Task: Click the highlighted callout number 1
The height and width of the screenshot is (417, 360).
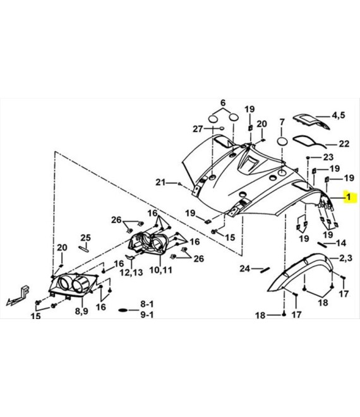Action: click(x=348, y=197)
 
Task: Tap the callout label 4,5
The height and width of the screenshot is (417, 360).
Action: click(x=338, y=115)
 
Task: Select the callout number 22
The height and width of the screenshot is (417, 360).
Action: click(x=344, y=143)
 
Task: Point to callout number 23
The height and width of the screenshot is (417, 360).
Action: click(x=328, y=157)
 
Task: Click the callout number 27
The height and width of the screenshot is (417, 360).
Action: click(x=198, y=129)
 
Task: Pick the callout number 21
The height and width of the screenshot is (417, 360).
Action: click(x=160, y=183)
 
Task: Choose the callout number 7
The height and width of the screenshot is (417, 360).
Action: click(x=282, y=122)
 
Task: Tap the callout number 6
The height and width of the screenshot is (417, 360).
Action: click(x=223, y=102)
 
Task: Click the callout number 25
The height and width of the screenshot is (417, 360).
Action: click(x=86, y=238)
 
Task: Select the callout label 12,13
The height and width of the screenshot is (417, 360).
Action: click(x=131, y=272)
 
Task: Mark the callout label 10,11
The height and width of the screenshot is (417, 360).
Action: click(x=160, y=270)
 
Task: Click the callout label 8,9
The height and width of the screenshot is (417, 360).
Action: click(x=81, y=310)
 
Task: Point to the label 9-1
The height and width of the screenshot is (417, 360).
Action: click(x=147, y=315)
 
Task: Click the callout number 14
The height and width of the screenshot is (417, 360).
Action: click(x=341, y=243)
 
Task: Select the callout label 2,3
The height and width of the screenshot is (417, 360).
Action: click(x=345, y=258)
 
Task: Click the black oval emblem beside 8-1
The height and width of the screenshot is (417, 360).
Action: click(x=125, y=310)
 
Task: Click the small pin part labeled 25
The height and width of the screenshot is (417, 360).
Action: click(x=83, y=249)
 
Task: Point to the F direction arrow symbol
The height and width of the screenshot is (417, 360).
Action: click(x=18, y=295)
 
